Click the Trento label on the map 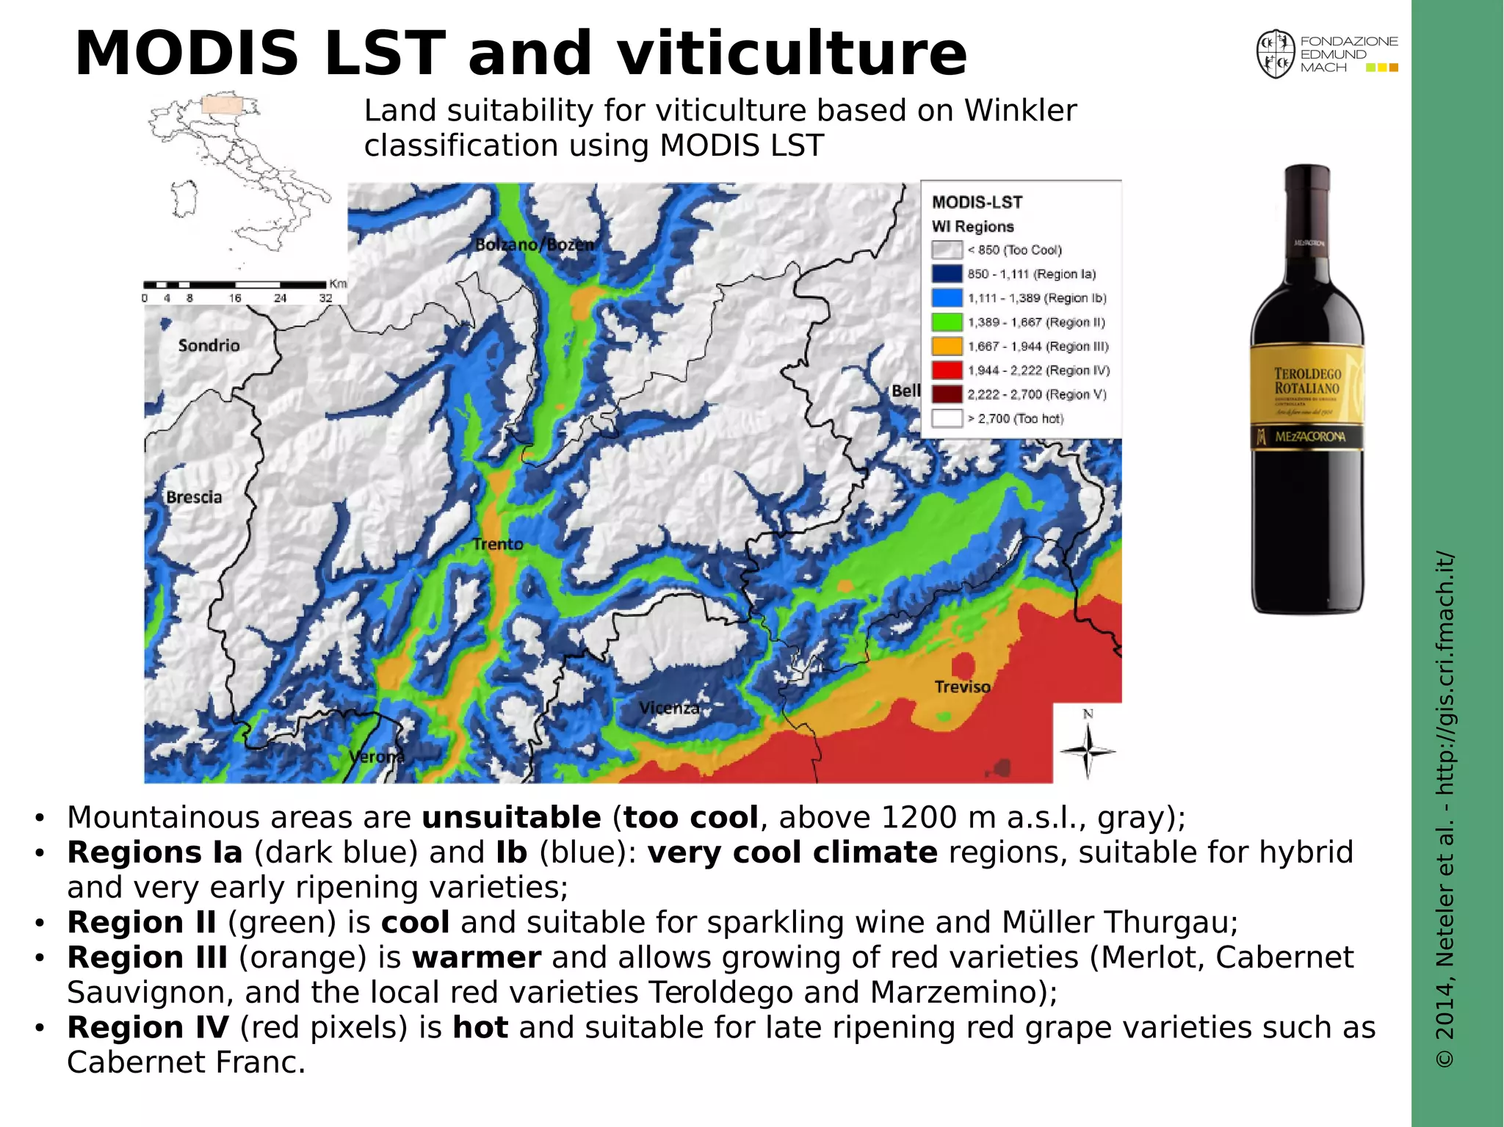tap(498, 544)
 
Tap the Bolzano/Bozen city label tap(534, 244)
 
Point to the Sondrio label tap(209, 345)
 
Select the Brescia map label tap(194, 497)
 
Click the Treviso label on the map tap(962, 686)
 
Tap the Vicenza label tap(669, 708)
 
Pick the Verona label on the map tap(376, 756)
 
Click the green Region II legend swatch tap(947, 322)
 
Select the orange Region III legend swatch tap(947, 347)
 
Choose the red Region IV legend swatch tap(947, 370)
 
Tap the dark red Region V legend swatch tap(947, 394)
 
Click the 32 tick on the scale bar tap(325, 298)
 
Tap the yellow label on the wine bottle tap(1307, 389)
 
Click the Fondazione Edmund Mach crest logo tap(1275, 54)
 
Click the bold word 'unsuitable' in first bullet tap(511, 817)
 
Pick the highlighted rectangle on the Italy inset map tap(222, 104)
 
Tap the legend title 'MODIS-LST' tap(977, 202)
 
